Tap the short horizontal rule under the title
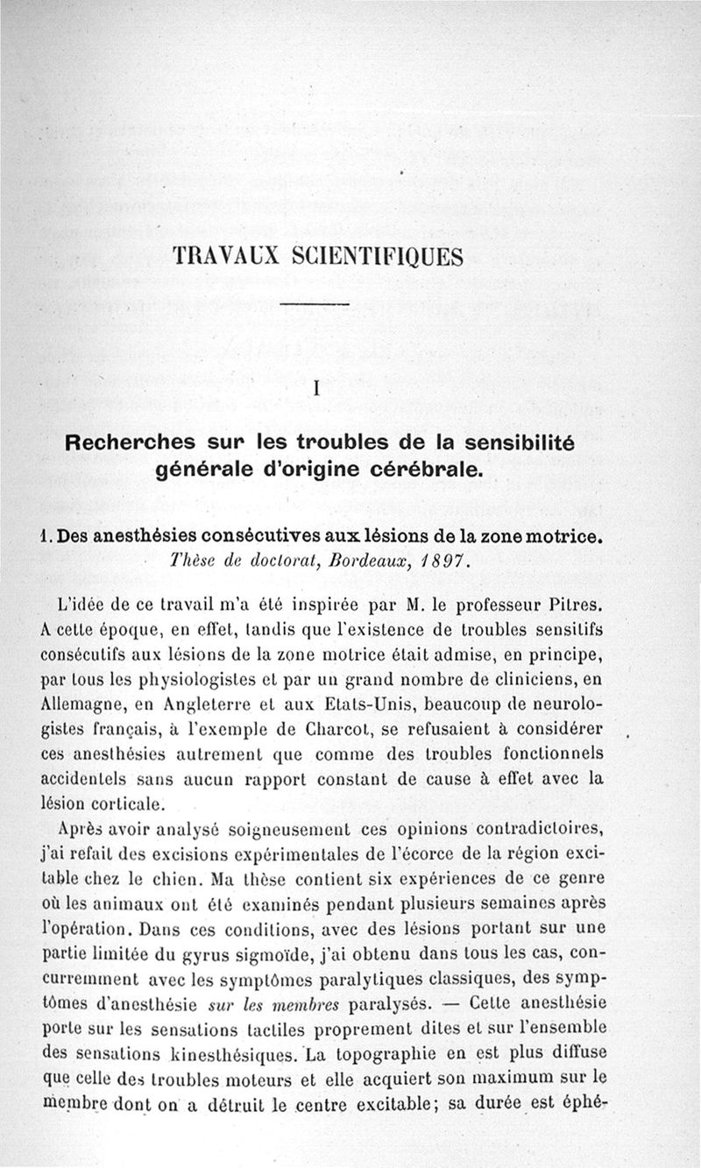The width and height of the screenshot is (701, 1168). [x=314, y=303]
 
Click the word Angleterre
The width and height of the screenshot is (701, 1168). [x=200, y=703]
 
